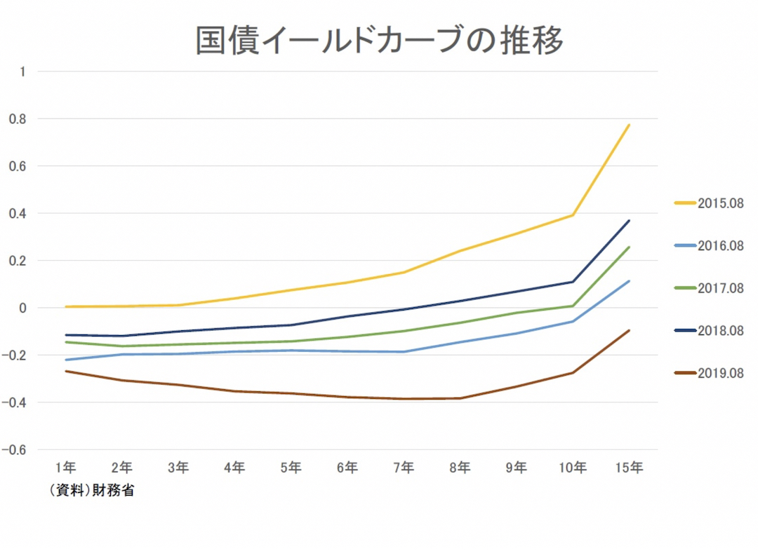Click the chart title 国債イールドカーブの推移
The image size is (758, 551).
pos(379,41)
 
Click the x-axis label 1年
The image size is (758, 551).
pos(66,468)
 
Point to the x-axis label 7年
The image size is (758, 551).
pos(404,468)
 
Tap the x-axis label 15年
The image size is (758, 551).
pos(629,468)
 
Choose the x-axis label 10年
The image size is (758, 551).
pos(573,468)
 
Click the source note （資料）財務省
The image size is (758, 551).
pos(91,491)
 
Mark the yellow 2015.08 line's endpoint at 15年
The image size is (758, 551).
pos(629,125)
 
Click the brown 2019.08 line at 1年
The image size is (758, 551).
pos(66,371)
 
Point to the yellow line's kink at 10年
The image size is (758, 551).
pos(573,215)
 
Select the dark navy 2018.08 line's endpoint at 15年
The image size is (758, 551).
pos(629,221)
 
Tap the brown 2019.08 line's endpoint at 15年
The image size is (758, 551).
pos(629,330)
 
